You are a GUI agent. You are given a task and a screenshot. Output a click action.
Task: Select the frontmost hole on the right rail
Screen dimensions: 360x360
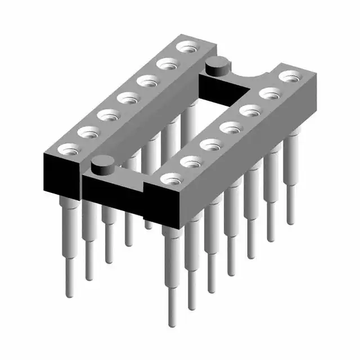[x=170, y=179]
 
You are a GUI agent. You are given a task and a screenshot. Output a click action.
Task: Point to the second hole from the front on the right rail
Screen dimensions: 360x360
[x=190, y=161]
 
